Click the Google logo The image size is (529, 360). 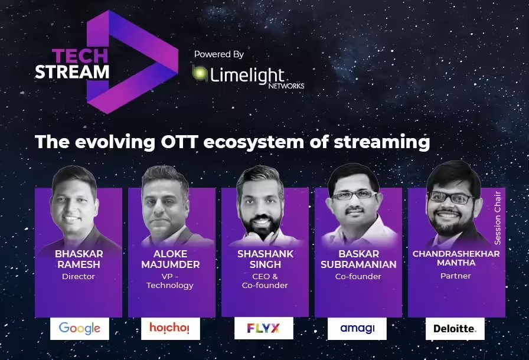[79, 329]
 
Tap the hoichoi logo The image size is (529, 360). [170, 329]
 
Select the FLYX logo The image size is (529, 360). [263, 329]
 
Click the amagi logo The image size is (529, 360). [357, 329]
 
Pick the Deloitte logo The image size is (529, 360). [455, 329]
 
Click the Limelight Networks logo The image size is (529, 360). [248, 77]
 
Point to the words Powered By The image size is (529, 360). [218, 54]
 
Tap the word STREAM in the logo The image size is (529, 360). [72, 71]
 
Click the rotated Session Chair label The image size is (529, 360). [498, 218]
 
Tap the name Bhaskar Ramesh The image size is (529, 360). [79, 258]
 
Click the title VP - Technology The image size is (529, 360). [170, 280]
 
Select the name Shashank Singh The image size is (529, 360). [265, 258]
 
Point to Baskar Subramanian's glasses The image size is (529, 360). [352, 194]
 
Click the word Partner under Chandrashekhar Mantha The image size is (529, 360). [455, 276]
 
